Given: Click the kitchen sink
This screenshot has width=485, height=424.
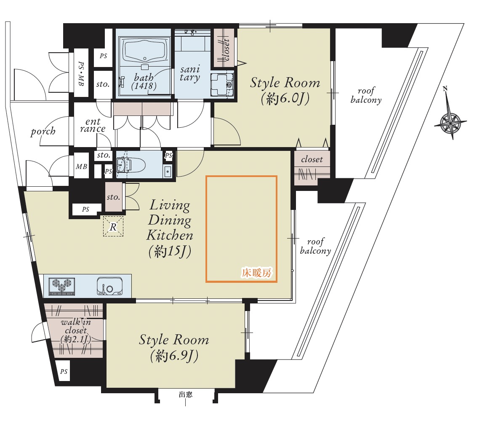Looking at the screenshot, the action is [110, 286].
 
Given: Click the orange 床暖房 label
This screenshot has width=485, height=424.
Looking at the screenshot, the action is [256, 273].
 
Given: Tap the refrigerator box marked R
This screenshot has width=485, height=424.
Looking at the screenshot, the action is [113, 226].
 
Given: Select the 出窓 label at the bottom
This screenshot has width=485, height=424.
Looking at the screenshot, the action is [186, 394].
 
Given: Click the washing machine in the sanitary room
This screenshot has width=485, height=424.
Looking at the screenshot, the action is [222, 84].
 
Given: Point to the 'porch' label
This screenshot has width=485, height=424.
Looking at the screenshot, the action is [43, 131].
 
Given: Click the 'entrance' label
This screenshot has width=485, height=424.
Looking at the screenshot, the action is [93, 125].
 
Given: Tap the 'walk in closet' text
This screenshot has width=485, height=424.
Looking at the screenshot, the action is [76, 326].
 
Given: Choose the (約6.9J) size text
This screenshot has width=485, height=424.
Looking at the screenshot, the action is [174, 356].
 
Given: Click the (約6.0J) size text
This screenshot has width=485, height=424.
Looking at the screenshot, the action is [285, 99].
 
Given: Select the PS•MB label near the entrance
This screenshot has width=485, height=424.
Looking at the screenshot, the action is [81, 74].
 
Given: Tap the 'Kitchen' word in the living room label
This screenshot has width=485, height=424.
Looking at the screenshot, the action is [170, 235].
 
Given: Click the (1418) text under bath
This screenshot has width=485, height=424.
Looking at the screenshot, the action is [144, 86].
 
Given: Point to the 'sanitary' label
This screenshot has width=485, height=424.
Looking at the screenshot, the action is [190, 73].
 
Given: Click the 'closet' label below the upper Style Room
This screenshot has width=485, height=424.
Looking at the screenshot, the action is [312, 159].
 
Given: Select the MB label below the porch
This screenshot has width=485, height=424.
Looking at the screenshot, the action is [81, 166].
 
